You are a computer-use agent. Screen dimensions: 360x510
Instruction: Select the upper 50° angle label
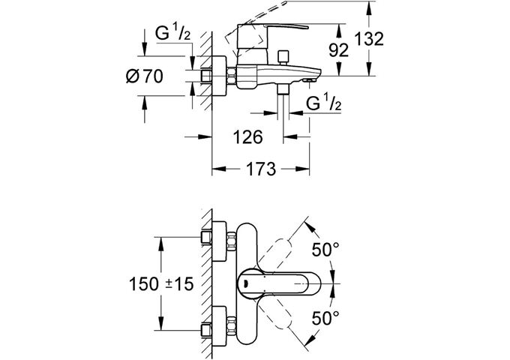[x=325, y=248]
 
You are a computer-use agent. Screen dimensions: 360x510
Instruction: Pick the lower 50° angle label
[x=325, y=317]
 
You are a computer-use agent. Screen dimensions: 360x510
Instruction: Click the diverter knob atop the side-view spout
[x=283, y=57]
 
